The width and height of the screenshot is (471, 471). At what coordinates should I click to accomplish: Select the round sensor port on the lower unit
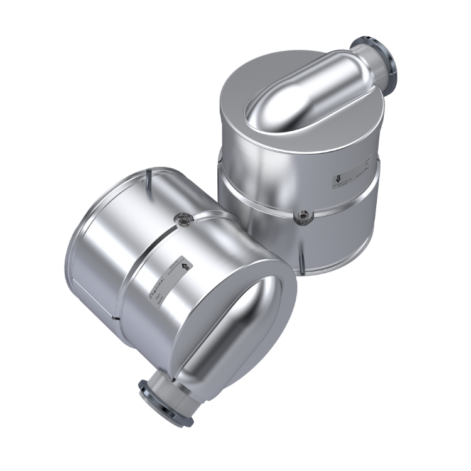(x=183, y=219)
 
